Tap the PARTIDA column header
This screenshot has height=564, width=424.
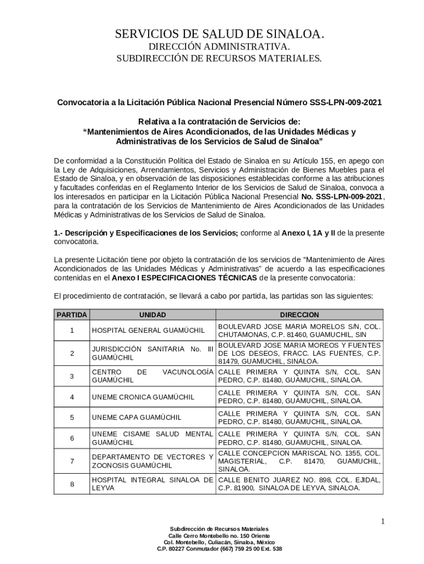(72, 314)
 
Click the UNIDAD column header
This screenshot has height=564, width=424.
(153, 314)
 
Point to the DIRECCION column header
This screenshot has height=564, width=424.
(299, 314)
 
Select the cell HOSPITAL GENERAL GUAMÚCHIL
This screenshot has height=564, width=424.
(148, 330)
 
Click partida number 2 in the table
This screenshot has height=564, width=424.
(72, 353)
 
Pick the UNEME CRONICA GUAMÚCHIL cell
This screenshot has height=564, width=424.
(143, 397)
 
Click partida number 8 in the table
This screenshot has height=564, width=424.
(72, 484)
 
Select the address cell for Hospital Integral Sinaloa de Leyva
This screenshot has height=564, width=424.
(299, 484)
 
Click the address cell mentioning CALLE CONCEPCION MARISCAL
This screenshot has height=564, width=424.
(299, 461)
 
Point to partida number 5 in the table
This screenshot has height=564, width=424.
(72, 417)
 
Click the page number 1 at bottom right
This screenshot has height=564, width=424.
(383, 521)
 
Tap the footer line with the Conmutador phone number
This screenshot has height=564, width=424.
(219, 549)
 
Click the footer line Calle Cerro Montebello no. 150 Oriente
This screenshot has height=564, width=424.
(219, 536)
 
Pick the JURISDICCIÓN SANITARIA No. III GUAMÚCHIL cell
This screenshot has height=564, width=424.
(153, 353)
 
